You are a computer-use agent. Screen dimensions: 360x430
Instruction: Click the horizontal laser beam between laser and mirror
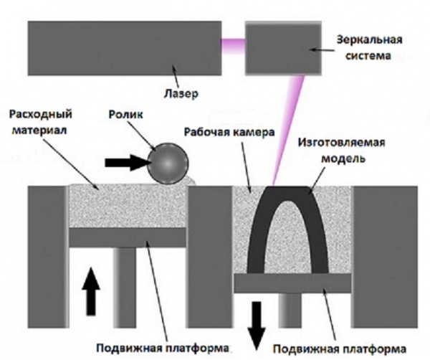coord(233,39)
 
